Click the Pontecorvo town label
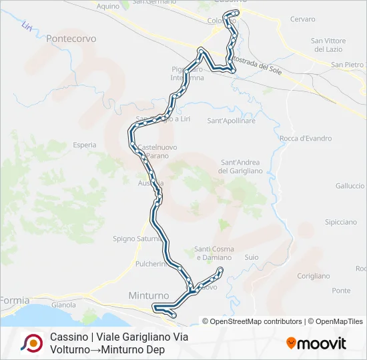(73, 39)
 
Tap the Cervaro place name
(302, 19)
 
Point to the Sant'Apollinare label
(232, 121)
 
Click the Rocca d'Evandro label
(306, 139)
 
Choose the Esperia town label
(85, 145)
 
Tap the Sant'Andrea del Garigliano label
(240, 167)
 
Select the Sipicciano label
(340, 222)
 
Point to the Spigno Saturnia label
(135, 238)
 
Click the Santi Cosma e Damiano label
(214, 253)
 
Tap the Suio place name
(252, 257)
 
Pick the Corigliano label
(314, 276)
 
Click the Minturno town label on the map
(148, 295)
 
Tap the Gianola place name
(63, 305)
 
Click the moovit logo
(316, 343)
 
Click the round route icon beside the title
(31, 343)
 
